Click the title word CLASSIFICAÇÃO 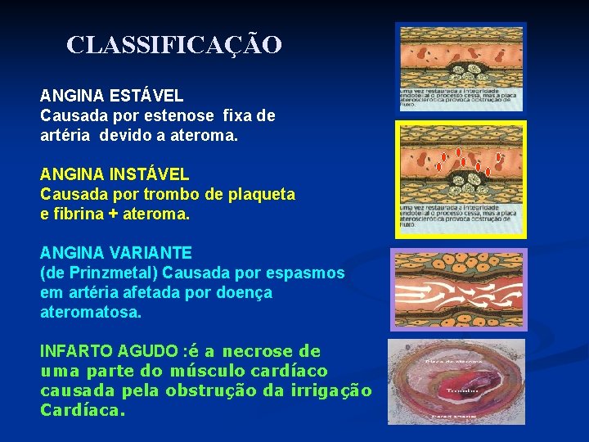click(x=174, y=44)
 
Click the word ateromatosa click(x=90, y=312)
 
